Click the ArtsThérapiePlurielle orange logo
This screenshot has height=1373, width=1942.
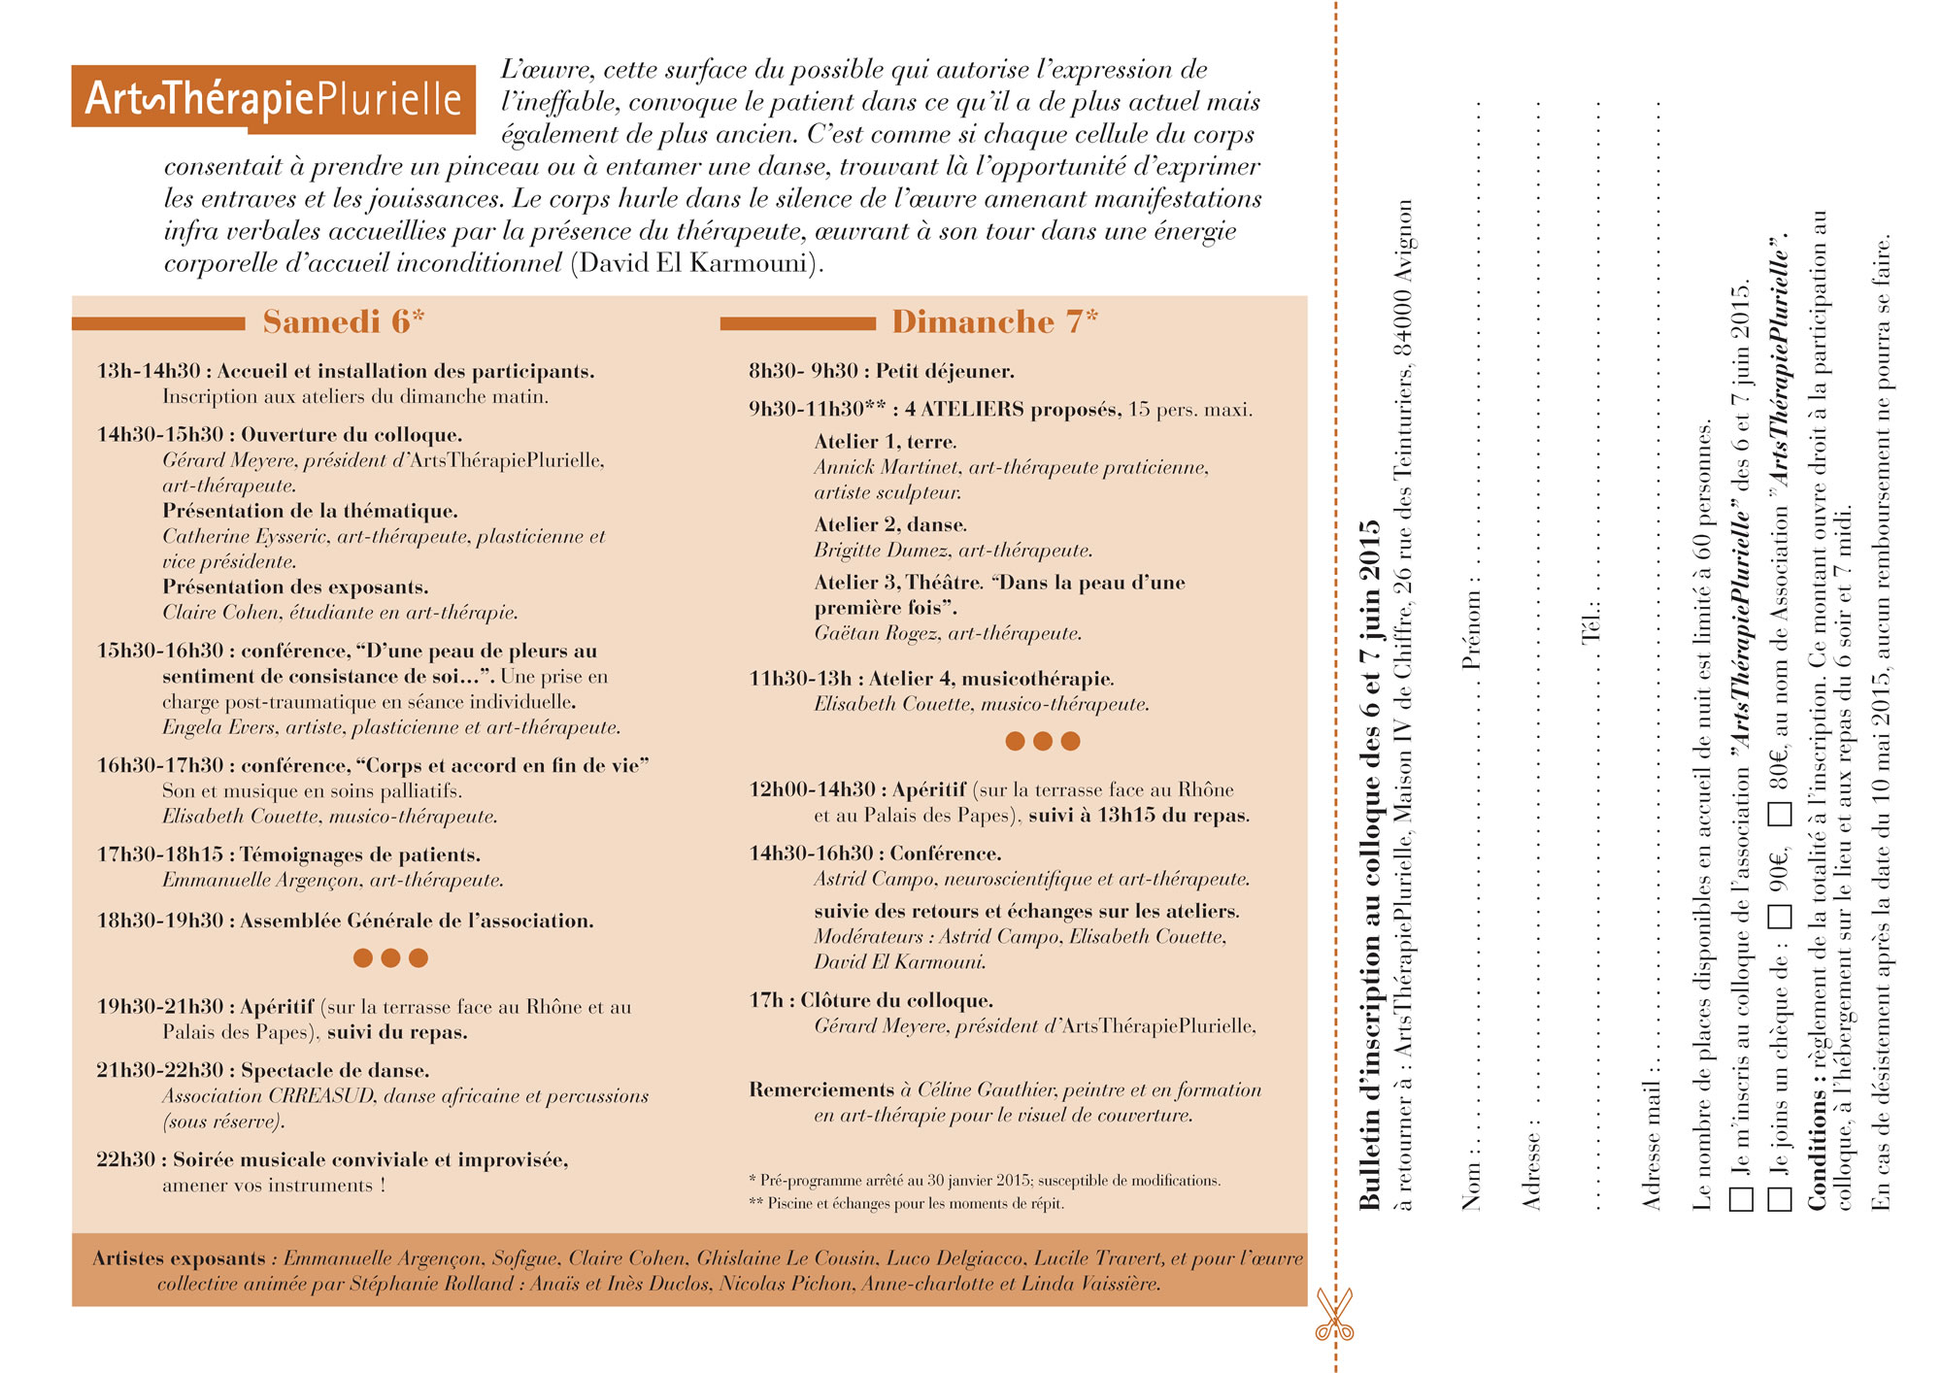click(x=273, y=98)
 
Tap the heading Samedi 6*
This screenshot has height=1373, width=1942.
click(x=343, y=321)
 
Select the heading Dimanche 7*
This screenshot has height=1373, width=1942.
click(x=994, y=321)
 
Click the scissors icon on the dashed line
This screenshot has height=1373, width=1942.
click(x=1334, y=1315)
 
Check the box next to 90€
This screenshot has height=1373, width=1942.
click(x=1779, y=915)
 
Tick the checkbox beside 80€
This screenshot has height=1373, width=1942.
click(x=1779, y=813)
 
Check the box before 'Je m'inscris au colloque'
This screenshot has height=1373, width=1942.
click(x=1741, y=1197)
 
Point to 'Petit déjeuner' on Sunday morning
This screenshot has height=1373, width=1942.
click(x=944, y=371)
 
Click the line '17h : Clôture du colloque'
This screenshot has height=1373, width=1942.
click(x=871, y=1000)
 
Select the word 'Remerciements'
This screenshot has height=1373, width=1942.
click(x=821, y=1089)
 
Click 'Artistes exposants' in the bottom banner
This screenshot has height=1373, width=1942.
click(x=179, y=1258)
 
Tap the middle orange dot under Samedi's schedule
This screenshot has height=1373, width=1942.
click(x=390, y=958)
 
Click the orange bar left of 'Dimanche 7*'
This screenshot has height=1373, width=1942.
click(x=797, y=323)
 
